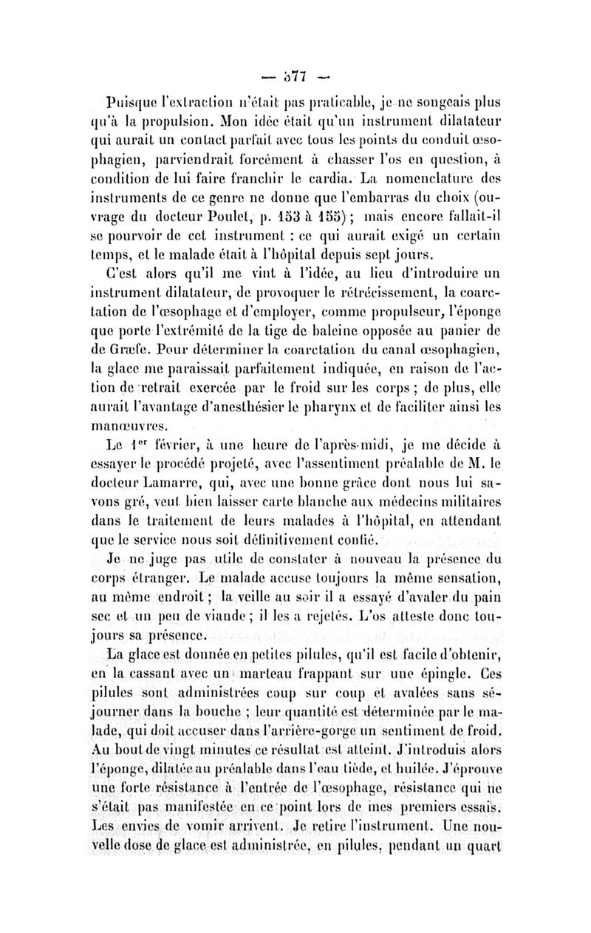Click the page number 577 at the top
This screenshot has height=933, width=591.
pyautogui.click(x=295, y=75)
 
